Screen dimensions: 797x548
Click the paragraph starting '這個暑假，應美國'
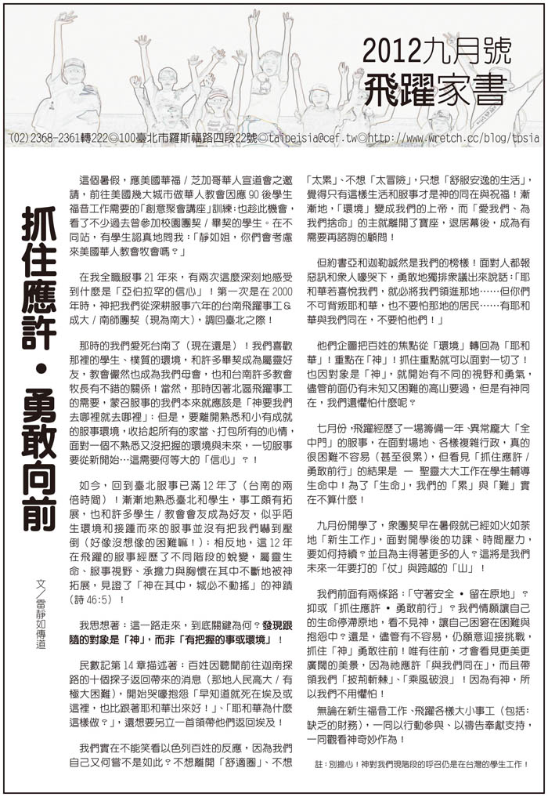pyautogui.click(x=185, y=211)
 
